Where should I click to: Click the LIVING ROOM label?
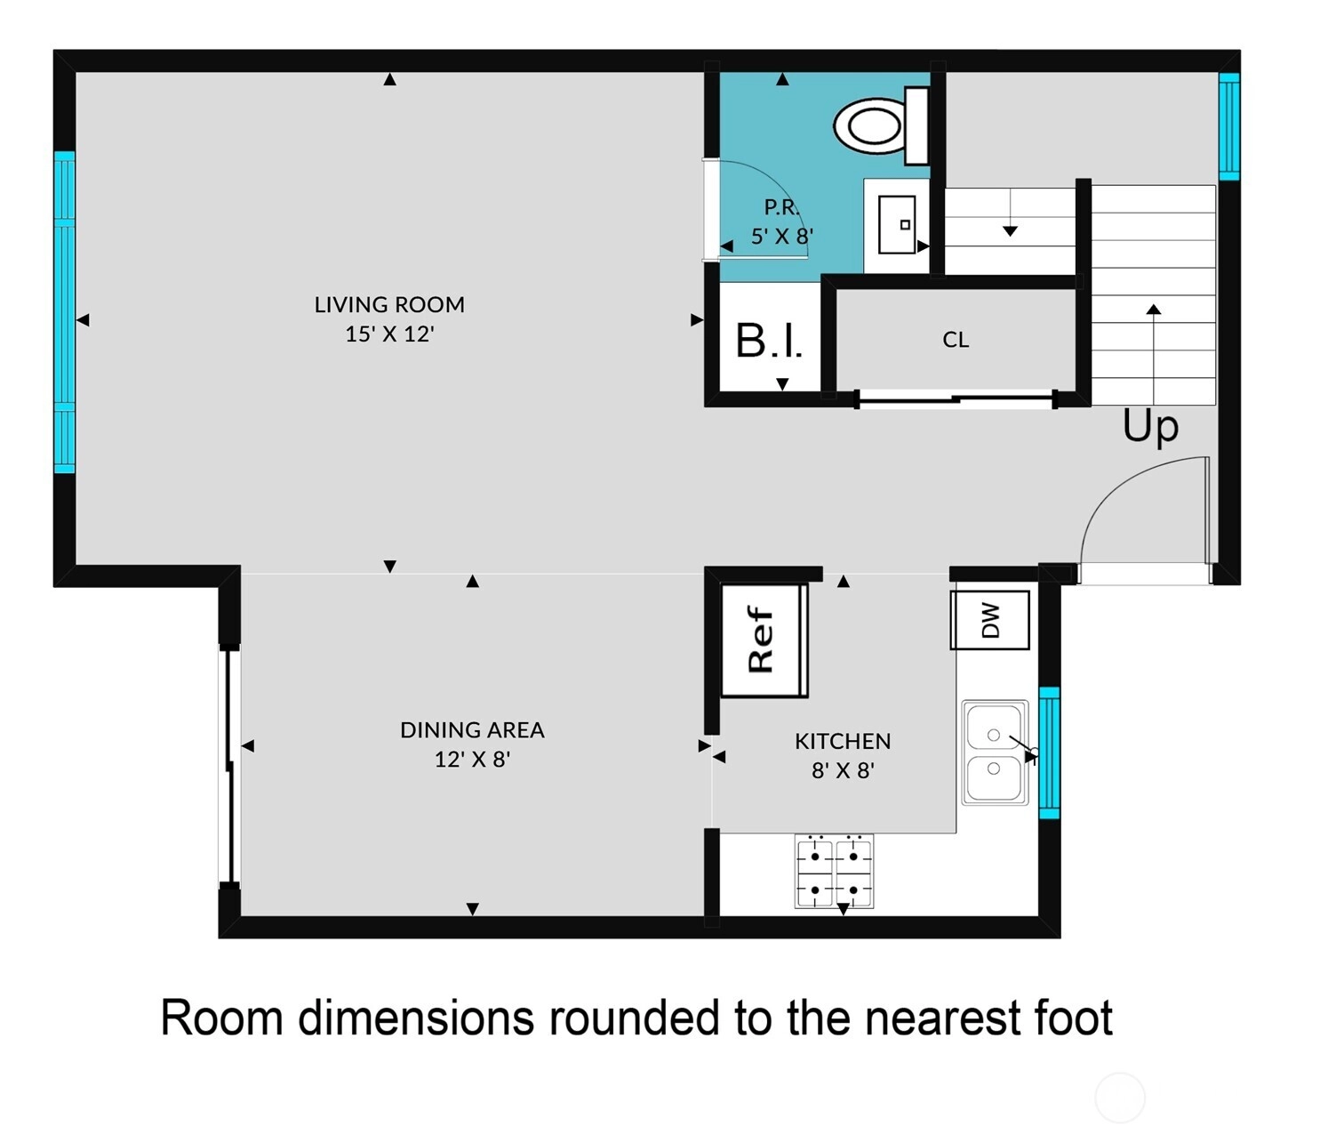[x=389, y=304]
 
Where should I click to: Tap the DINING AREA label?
[x=472, y=730]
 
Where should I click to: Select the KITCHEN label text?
[x=843, y=741]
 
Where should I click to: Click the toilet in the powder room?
[x=881, y=125]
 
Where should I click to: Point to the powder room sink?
[x=897, y=225]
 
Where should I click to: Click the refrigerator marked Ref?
[x=764, y=640]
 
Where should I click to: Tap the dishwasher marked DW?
[x=989, y=620]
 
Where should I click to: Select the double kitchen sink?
[x=995, y=753]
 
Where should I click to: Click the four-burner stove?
[x=834, y=872]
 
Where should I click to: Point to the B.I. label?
[x=769, y=341]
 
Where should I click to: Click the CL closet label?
[x=956, y=340]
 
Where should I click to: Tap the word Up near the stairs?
[x=1150, y=428]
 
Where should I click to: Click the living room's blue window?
[x=65, y=311]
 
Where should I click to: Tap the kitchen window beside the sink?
[x=1049, y=753]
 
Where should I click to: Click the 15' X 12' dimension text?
[x=389, y=334]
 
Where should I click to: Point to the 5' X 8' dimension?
[x=781, y=236]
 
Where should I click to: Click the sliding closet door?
[x=956, y=399]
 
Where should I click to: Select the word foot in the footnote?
[x=1073, y=1018]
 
